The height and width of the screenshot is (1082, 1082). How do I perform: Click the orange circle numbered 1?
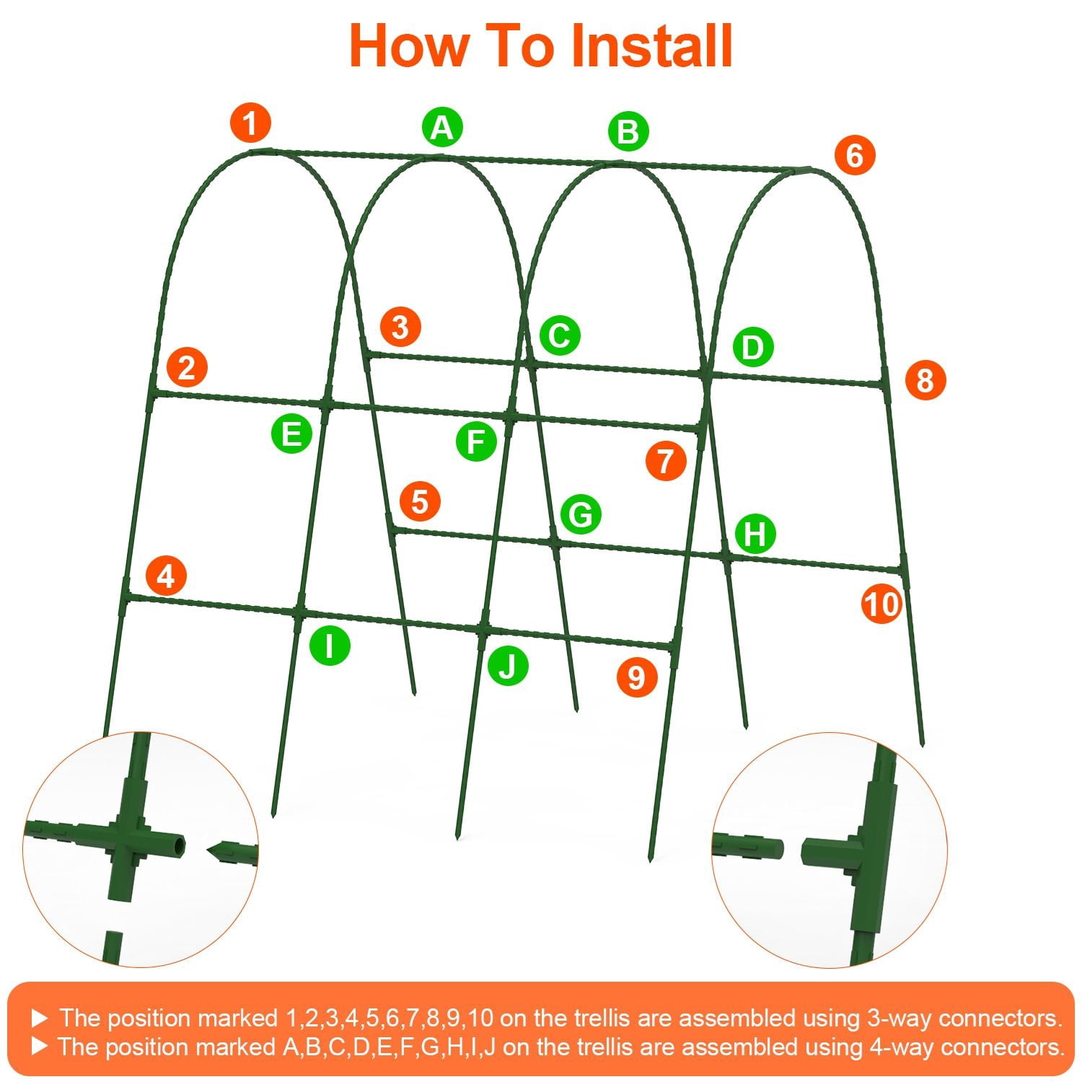pyautogui.click(x=250, y=123)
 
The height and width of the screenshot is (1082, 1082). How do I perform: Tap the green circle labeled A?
pyautogui.click(x=442, y=128)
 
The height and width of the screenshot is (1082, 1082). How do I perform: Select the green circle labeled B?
pyautogui.click(x=628, y=132)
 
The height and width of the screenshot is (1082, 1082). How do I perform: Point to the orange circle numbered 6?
pyautogui.click(x=854, y=155)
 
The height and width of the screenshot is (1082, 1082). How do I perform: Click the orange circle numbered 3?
pyautogui.click(x=400, y=327)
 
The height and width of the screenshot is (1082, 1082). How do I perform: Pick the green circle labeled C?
pyautogui.click(x=560, y=335)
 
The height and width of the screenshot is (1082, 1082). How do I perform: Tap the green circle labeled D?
pyautogui.click(x=753, y=348)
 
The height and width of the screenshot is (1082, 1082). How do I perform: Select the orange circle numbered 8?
pyautogui.click(x=925, y=380)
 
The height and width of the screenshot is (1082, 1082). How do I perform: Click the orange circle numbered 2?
pyautogui.click(x=187, y=367)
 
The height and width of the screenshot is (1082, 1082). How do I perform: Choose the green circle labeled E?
pyautogui.click(x=291, y=434)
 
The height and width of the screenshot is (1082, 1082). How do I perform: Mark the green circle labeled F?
pyautogui.click(x=476, y=441)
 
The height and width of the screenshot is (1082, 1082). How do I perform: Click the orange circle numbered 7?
pyautogui.click(x=665, y=460)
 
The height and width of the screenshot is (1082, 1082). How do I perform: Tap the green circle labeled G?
pyautogui.click(x=581, y=514)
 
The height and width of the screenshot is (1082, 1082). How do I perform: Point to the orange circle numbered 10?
pyautogui.click(x=881, y=604)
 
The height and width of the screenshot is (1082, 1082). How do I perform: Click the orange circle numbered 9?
pyautogui.click(x=636, y=677)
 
